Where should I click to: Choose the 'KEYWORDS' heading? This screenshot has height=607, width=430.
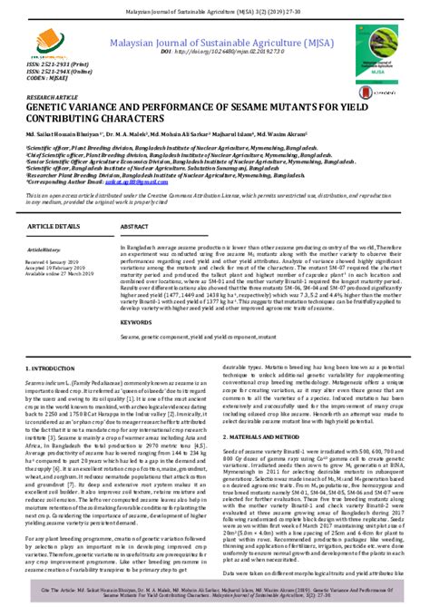click(137, 297)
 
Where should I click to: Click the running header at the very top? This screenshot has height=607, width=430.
click(215, 6)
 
